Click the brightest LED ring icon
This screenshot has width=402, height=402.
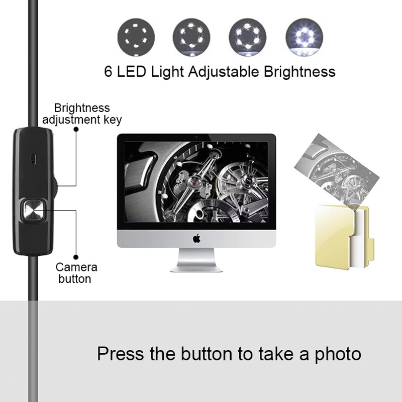(x=303, y=37)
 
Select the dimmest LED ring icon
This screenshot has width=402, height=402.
(x=134, y=37)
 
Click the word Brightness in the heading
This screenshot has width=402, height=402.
(x=299, y=71)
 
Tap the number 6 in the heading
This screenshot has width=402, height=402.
(x=109, y=71)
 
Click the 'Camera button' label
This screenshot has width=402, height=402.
(x=76, y=273)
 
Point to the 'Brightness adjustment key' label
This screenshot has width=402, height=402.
(x=82, y=114)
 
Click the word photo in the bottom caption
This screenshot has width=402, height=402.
(x=337, y=353)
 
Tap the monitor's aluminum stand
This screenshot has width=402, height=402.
(x=196, y=261)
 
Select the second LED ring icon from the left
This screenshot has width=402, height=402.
(x=191, y=37)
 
